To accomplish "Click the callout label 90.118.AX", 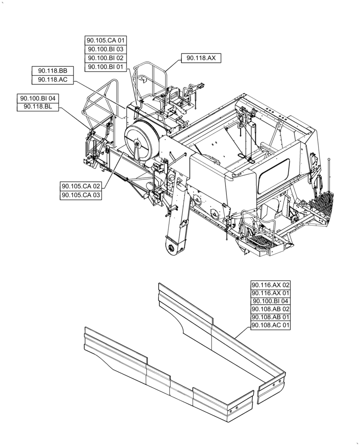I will coord(201,58).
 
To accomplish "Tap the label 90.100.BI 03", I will coord(106,50).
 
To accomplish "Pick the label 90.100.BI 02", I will coord(106,58).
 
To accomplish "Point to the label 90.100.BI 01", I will coord(106,66).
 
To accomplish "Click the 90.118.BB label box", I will coord(52,71).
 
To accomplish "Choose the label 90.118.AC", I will coord(52,79).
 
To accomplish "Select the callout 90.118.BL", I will coord(37,107).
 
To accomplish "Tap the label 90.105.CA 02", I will coord(81,186).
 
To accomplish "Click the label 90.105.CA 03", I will coord(81,195).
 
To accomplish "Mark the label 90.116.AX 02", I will coord(270,285).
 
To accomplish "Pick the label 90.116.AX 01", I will coord(270,293).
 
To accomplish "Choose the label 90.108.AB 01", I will coord(270,318).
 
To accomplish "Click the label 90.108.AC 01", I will coord(270,326).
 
